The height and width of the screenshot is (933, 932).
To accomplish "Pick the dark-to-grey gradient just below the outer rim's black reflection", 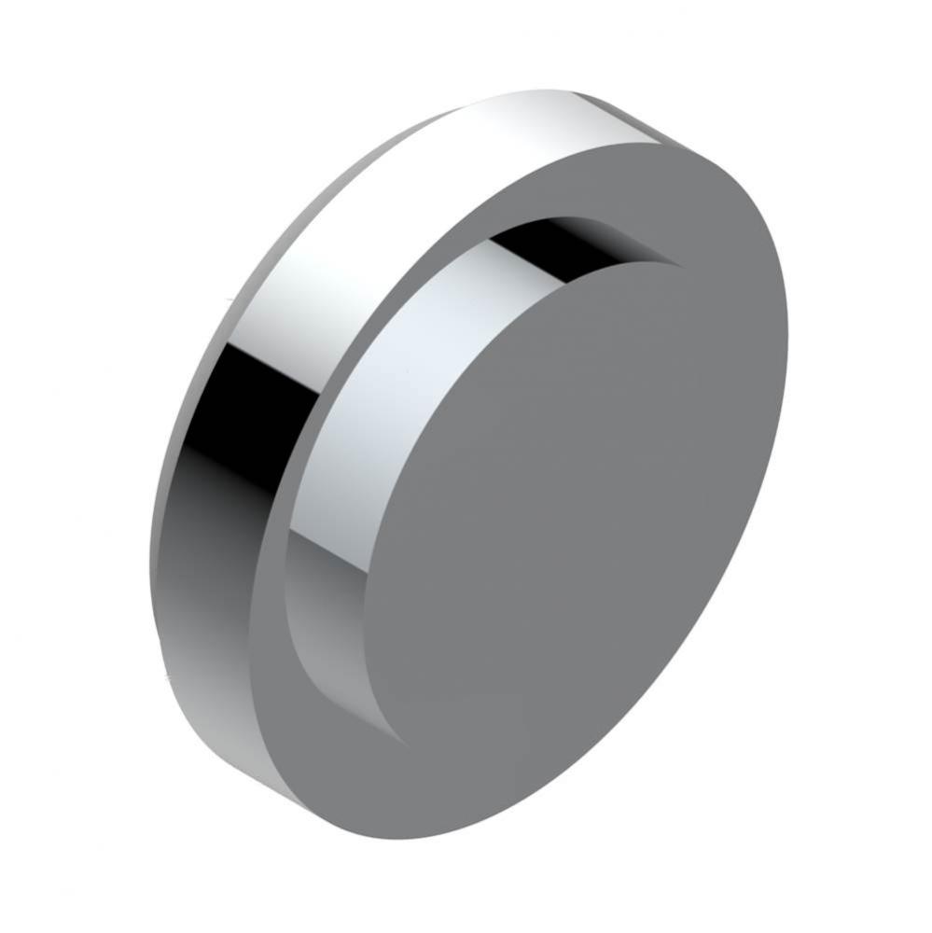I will pos(201,522).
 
